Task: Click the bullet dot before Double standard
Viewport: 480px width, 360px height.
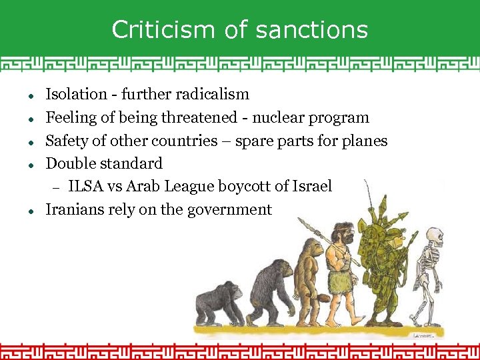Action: tap(32, 164)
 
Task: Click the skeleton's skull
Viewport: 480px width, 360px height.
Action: tap(435, 238)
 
